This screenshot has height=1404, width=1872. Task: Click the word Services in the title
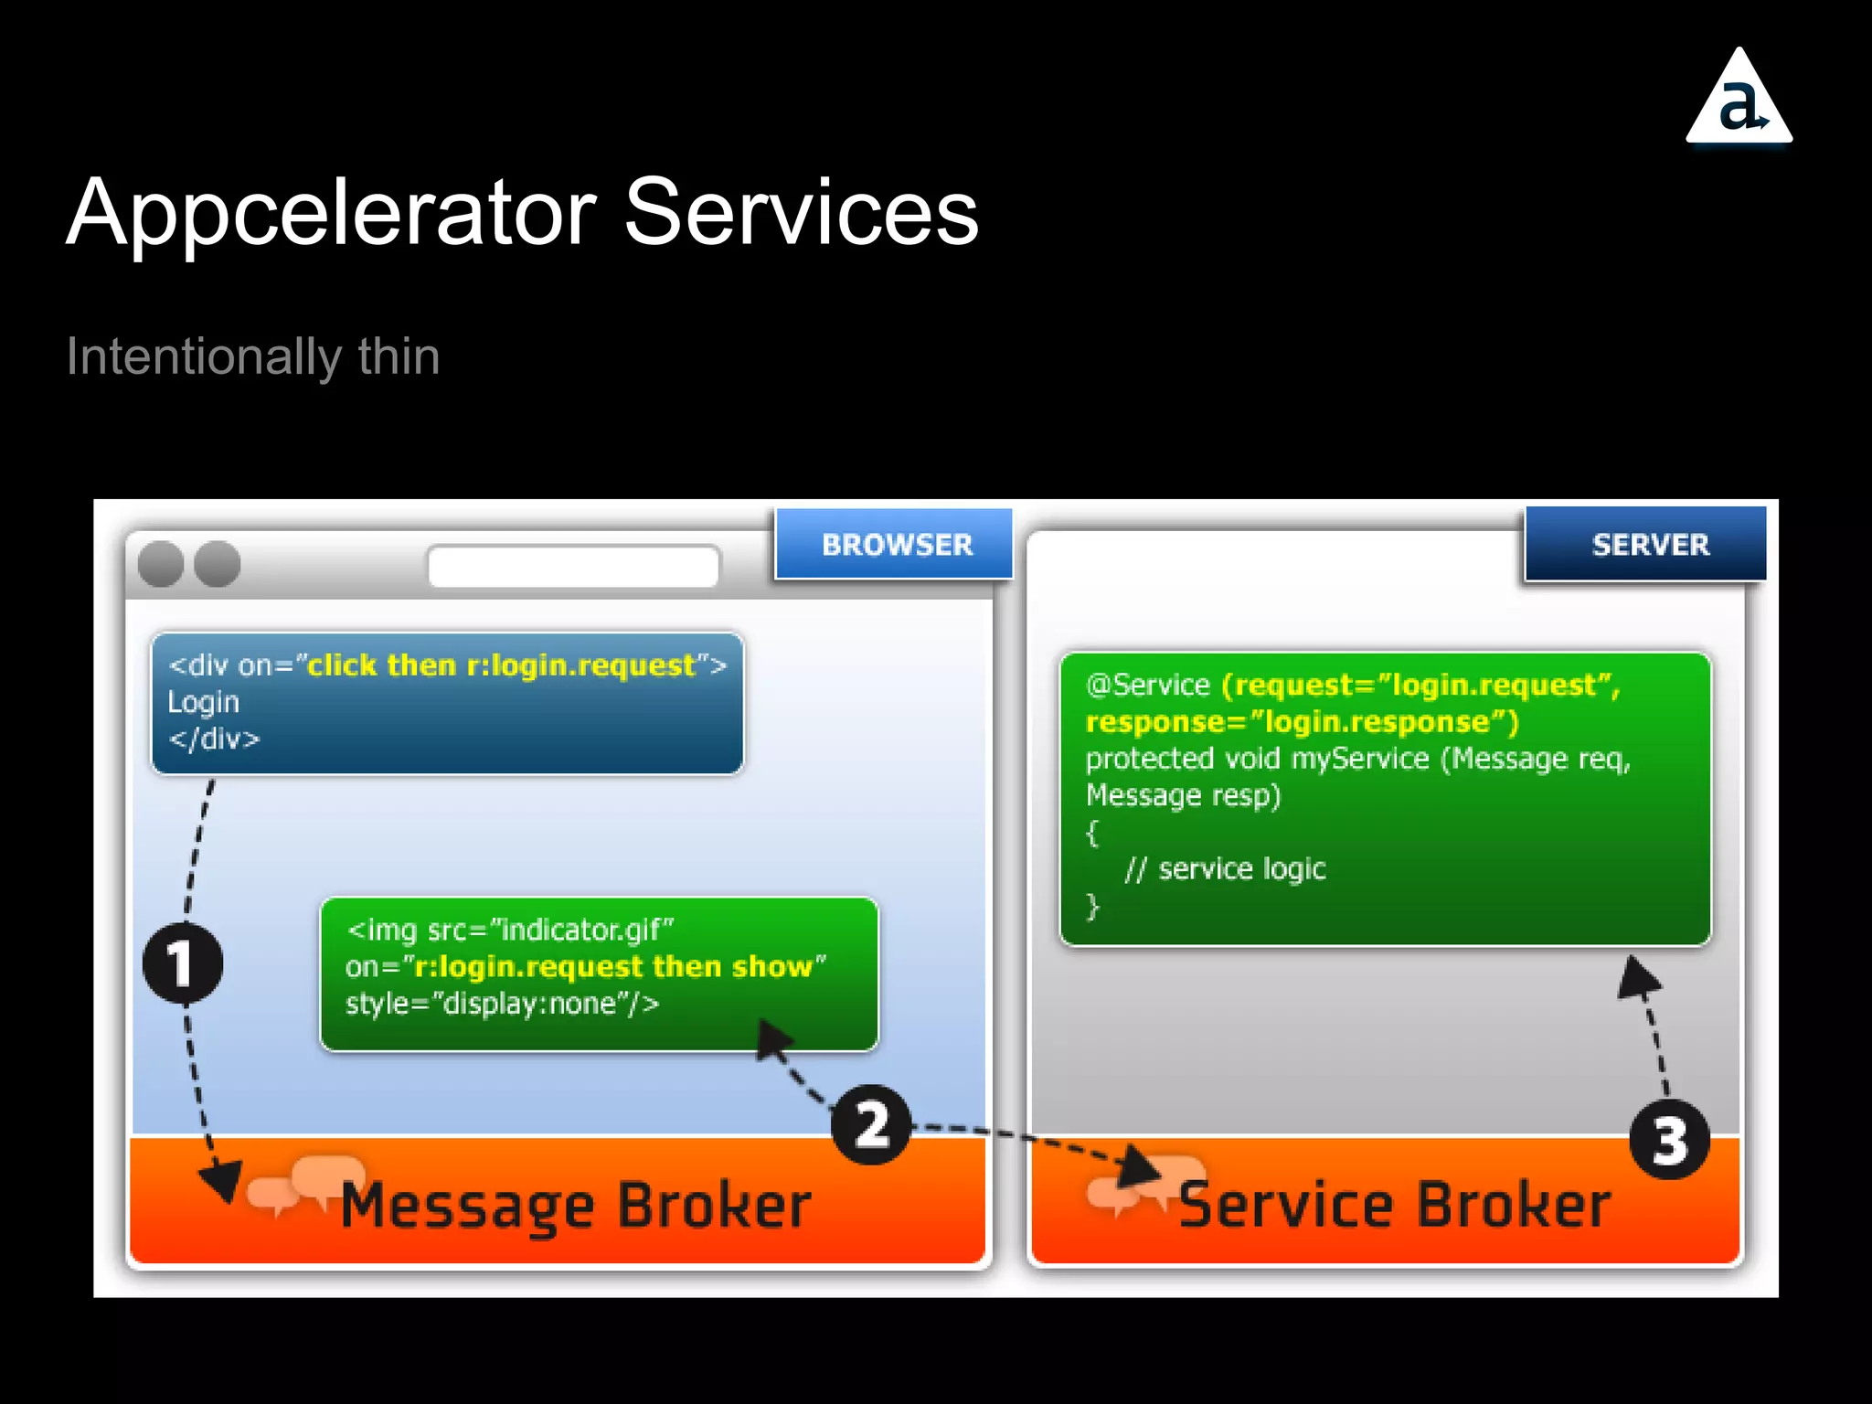coord(801,213)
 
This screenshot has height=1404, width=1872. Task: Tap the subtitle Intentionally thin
coord(253,356)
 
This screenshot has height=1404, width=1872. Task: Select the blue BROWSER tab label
coord(896,545)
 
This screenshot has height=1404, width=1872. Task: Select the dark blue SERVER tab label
coord(1649,545)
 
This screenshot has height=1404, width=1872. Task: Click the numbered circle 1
coord(183,963)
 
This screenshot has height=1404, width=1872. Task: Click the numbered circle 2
coord(871,1124)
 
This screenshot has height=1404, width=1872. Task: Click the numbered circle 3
coord(1669,1140)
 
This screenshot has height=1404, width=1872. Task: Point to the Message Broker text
coord(576,1207)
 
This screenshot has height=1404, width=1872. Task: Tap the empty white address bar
coord(573,567)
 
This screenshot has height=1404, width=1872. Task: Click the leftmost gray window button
coord(161,564)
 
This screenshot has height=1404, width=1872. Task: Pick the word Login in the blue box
coord(203,702)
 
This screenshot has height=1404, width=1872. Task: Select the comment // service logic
coord(1225,868)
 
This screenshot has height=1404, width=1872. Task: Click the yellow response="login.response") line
coord(1302,722)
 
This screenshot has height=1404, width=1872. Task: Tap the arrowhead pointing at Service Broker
coord(1137,1166)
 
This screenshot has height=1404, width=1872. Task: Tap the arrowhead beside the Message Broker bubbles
coord(221,1181)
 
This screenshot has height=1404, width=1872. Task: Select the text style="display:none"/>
coord(502,1004)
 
